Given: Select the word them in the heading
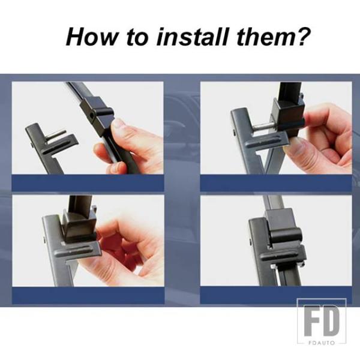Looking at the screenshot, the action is tap(265, 37).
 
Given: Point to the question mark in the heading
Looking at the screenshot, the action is tap(302, 37).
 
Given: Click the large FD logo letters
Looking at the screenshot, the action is tap(322, 320).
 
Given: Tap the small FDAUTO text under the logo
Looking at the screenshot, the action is tap(322, 343).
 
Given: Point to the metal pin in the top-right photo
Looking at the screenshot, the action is tap(264, 126).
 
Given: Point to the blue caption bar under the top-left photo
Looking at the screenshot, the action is tap(88, 183).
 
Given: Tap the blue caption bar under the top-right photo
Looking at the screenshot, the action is tap(276, 183).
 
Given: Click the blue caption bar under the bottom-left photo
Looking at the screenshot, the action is tap(88, 295).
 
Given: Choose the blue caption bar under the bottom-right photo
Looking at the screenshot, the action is tap(276, 295).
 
